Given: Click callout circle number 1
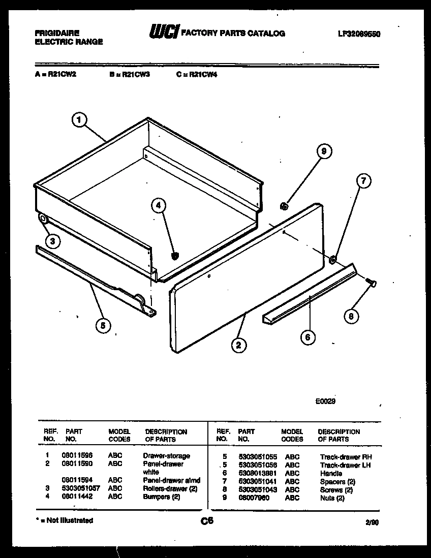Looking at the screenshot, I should (x=78, y=120).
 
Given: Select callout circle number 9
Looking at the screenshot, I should (x=323, y=151).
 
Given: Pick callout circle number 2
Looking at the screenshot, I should (x=238, y=346).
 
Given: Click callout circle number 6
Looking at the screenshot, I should (x=307, y=337).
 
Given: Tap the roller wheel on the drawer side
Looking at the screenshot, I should (x=42, y=220).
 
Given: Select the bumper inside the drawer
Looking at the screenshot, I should (x=174, y=256).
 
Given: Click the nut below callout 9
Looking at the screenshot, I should (x=285, y=206).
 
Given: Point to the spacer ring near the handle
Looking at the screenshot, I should (x=332, y=261).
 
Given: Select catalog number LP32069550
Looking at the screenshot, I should (x=359, y=34).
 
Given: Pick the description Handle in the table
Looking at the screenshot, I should (x=331, y=473).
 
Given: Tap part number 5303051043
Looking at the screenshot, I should (x=257, y=490).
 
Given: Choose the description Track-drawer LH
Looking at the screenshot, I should (x=346, y=465).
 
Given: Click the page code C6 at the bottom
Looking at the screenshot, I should (x=207, y=521).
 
